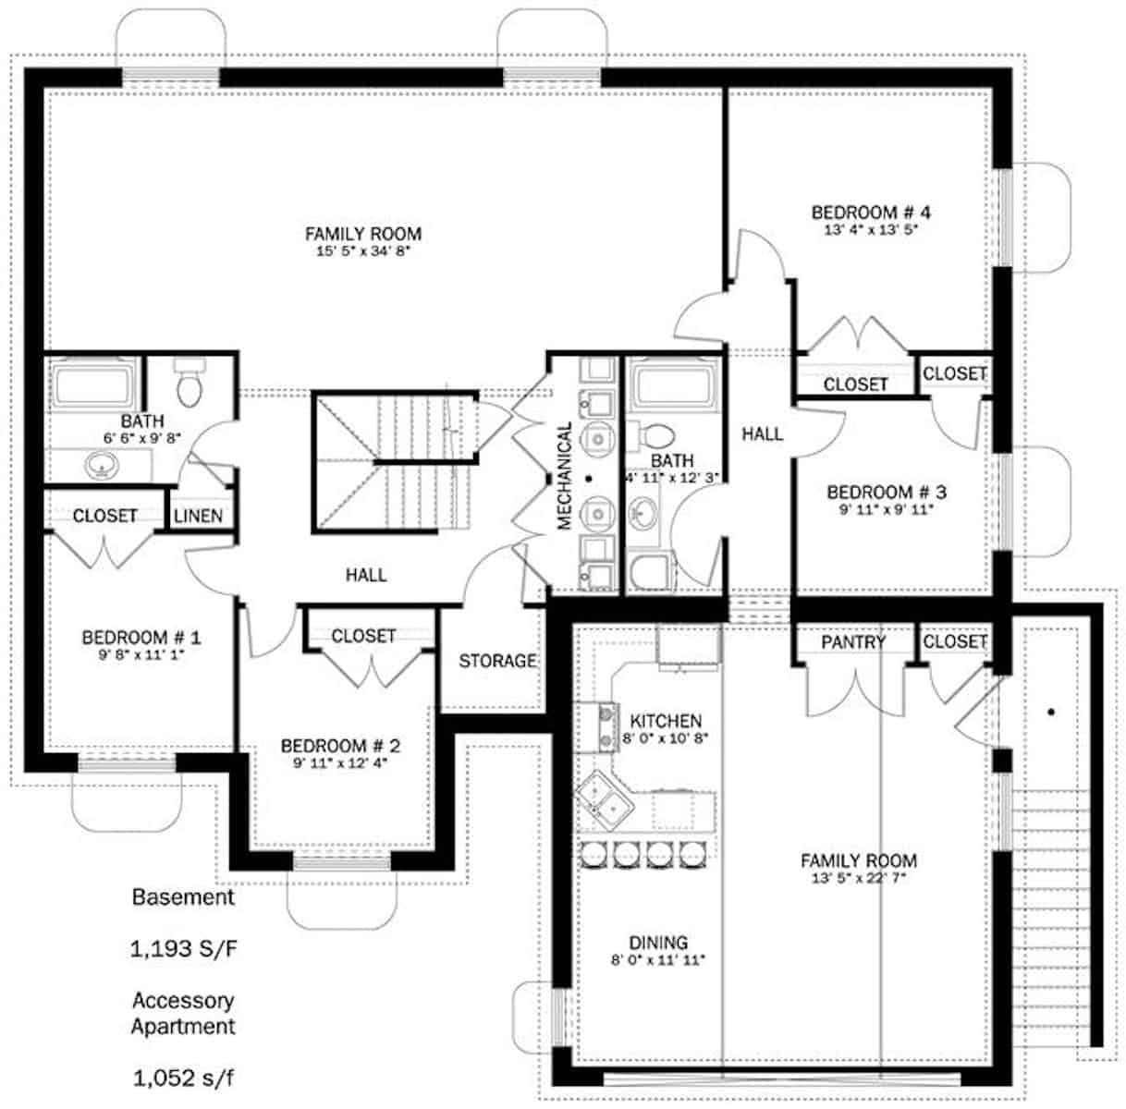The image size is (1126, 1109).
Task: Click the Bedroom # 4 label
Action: (867, 213)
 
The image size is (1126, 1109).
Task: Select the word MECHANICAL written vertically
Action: (565, 476)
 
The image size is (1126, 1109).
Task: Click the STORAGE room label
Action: (497, 661)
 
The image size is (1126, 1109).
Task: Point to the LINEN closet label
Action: (198, 516)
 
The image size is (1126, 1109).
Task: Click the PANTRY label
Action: (853, 641)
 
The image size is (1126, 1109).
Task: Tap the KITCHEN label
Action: (665, 721)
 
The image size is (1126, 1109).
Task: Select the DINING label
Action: (658, 943)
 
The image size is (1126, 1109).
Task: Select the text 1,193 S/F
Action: (184, 948)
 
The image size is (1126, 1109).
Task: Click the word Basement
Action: (183, 896)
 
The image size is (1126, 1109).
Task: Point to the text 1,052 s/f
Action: (183, 1077)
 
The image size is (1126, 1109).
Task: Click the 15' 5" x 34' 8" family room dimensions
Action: (362, 250)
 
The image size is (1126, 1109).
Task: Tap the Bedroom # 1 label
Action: (141, 638)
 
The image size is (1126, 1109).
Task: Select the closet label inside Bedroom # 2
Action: (363, 636)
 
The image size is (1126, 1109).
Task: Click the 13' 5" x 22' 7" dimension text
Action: (858, 878)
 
